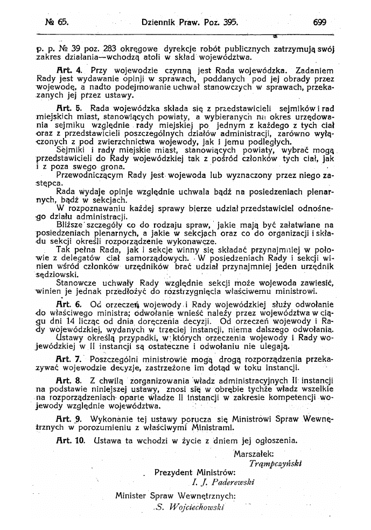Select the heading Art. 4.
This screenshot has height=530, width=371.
click(x=69, y=70)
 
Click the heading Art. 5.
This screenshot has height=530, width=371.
click(x=69, y=108)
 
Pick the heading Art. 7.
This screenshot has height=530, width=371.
click(x=69, y=359)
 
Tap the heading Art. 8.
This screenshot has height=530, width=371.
click(x=69, y=380)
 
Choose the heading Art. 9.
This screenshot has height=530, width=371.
click(x=69, y=418)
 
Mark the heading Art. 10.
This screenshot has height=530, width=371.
click(x=71, y=439)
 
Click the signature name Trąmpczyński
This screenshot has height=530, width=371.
click(x=275, y=462)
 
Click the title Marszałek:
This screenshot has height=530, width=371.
click(x=254, y=453)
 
